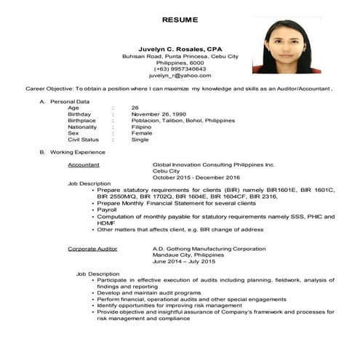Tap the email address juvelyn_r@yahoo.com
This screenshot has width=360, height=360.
179,75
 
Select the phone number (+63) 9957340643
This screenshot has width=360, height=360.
179,68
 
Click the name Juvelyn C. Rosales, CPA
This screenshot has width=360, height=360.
179,48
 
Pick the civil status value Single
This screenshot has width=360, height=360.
140,140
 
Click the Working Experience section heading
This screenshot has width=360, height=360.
77,152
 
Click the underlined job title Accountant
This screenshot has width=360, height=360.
84,165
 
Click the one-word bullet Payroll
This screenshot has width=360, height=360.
108,209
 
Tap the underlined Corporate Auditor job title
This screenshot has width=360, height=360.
91,249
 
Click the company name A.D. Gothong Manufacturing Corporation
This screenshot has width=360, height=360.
209,249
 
